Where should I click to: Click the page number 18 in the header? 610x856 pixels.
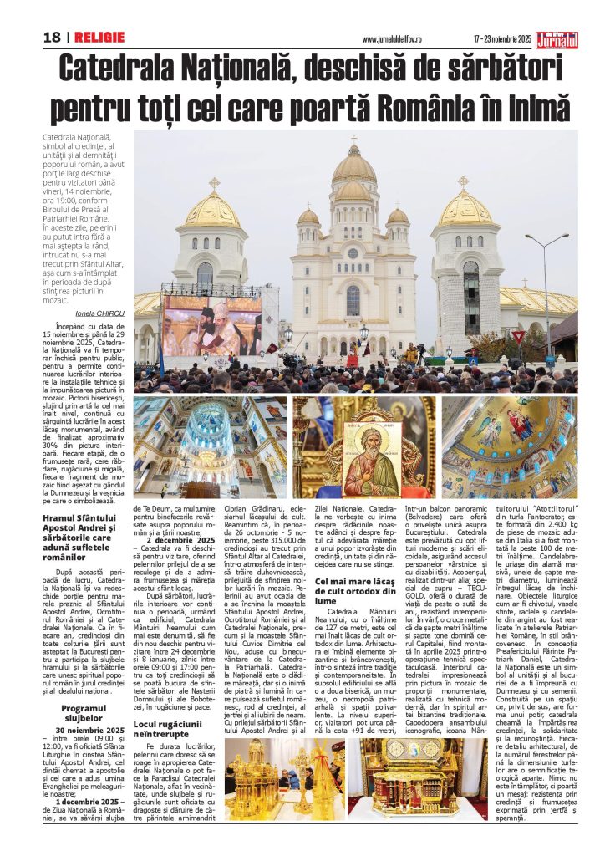point(52,38)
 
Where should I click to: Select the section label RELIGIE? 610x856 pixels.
point(99,38)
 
